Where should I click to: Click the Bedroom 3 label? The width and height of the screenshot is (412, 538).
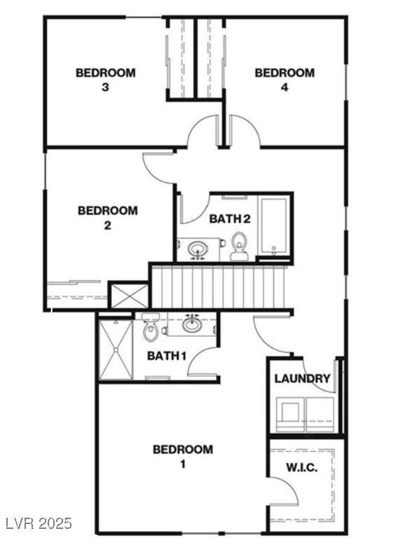[x=105, y=80]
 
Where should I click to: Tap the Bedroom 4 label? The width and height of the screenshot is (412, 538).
[x=284, y=80]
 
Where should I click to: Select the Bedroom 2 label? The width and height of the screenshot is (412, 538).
[x=108, y=218]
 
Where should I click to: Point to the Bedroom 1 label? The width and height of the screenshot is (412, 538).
[x=183, y=456]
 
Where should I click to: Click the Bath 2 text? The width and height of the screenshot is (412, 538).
[x=230, y=219]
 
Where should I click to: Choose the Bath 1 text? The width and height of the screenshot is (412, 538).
[x=167, y=356]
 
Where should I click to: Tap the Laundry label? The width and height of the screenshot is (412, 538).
[x=302, y=378]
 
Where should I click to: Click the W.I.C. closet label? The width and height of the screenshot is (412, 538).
[x=302, y=467]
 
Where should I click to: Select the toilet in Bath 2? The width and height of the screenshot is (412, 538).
[x=239, y=246]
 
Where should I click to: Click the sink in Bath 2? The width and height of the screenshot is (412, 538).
[x=197, y=248]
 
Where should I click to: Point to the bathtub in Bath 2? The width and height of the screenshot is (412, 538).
[x=274, y=226]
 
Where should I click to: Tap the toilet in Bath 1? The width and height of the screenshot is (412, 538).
[x=151, y=328]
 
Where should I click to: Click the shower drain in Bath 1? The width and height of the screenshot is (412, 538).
[x=116, y=350]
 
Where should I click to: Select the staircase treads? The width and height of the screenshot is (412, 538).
[x=219, y=287]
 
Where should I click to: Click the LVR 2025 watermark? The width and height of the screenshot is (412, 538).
[x=36, y=523]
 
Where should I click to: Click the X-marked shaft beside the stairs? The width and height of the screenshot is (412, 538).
[x=129, y=296]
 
